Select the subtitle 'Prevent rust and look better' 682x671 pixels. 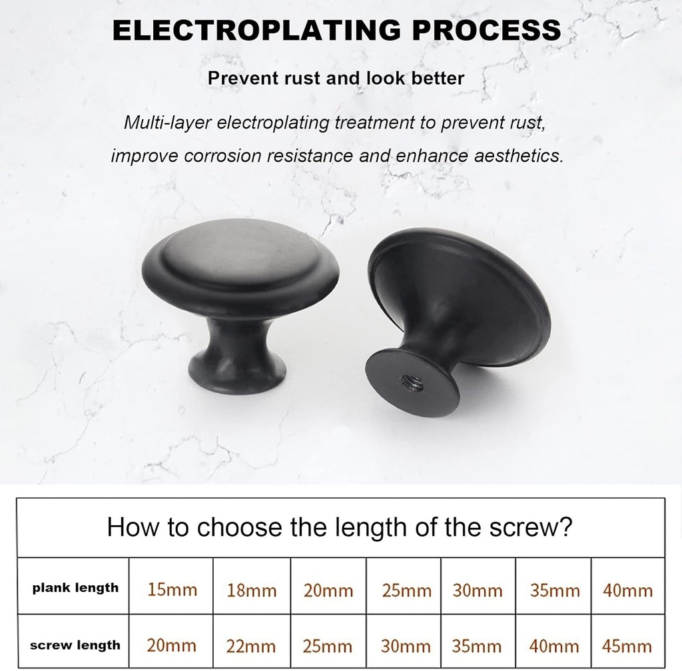(x=336, y=78)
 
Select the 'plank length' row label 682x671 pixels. (x=75, y=588)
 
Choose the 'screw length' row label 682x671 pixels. (x=75, y=645)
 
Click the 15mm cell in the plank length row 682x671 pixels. (x=172, y=590)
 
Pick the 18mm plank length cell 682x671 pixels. (x=251, y=590)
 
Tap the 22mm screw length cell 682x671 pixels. (x=251, y=646)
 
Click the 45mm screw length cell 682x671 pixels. (x=627, y=646)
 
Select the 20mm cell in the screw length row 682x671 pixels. (x=171, y=646)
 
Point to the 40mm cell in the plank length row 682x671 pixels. (x=627, y=590)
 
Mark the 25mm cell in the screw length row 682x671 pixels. (x=328, y=646)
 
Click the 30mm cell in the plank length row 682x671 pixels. (x=478, y=590)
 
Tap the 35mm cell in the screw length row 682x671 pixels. (x=478, y=646)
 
